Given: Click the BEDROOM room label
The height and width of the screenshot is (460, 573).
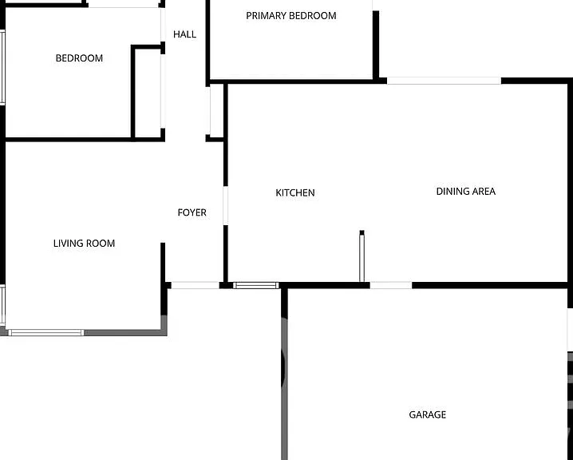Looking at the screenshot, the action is point(79,58).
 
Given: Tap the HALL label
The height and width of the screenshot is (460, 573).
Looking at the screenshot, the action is point(184,34).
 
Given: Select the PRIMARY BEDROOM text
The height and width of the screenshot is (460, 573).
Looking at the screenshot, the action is point(290,16).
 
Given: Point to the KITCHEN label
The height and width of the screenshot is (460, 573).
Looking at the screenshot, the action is point(295,192).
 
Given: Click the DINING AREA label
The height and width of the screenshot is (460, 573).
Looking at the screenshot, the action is point(466,191).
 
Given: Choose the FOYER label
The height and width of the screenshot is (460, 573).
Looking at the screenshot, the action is point(192,212).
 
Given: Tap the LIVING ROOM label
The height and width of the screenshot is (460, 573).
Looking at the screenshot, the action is point(84,243).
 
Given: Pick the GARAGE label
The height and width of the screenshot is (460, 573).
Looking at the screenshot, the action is point(427,414).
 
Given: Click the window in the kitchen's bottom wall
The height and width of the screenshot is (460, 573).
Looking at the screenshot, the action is point(256,286).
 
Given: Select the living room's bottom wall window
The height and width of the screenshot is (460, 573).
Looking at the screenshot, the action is point(46,332).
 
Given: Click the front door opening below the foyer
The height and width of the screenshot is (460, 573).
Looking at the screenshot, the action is point(196,285).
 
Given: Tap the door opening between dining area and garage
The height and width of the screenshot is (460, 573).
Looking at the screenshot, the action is point(391,285).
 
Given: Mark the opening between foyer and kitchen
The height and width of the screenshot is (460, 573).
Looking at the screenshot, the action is point(226,205).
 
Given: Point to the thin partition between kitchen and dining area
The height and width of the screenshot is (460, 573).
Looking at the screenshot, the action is point(362,256).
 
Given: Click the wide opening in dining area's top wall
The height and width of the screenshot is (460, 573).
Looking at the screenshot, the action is point(444,81).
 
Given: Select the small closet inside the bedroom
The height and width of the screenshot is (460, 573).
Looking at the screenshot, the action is point(148,93).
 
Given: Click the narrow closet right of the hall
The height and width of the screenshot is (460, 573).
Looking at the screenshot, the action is point(217,110).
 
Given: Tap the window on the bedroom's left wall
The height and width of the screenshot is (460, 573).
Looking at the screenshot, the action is point(2,68).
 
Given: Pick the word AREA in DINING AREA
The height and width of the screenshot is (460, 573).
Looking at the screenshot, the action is point(484,191).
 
